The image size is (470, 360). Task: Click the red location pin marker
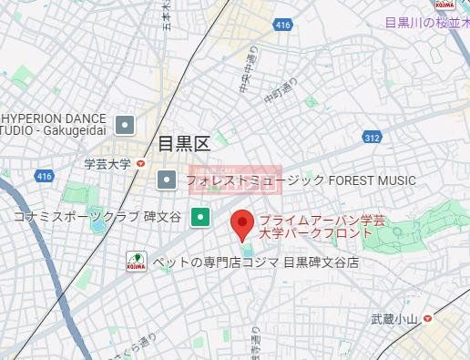241,223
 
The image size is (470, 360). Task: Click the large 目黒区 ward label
183,144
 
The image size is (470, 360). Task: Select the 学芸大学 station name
107,164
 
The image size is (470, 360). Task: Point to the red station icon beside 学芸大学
140,164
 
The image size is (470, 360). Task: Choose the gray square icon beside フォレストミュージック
167,180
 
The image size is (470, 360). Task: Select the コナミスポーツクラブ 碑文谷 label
97,217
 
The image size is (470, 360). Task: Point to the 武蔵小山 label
393,318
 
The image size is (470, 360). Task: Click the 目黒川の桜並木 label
426,23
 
